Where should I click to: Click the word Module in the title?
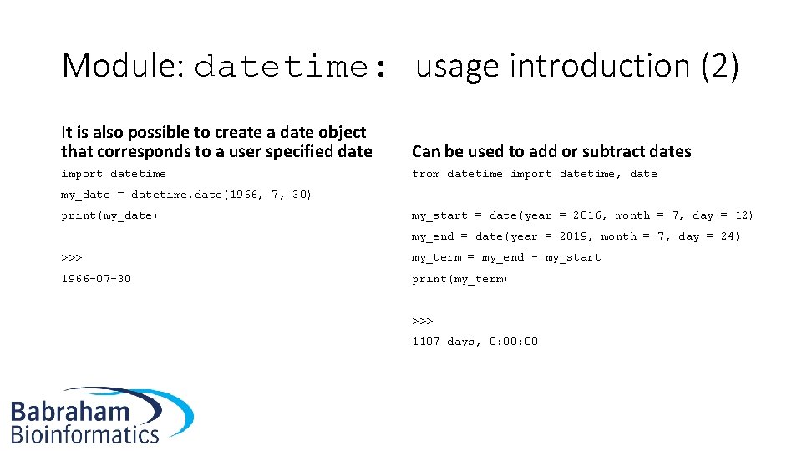(x=121, y=66)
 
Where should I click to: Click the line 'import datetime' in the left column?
(x=114, y=174)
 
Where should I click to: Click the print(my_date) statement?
(x=109, y=215)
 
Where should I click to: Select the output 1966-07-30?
(x=96, y=278)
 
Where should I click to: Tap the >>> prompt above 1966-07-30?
(x=71, y=257)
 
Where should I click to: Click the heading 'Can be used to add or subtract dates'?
(x=551, y=151)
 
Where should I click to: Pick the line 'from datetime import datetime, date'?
(x=535, y=174)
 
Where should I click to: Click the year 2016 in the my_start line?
(x=587, y=215)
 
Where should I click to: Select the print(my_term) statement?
(x=460, y=278)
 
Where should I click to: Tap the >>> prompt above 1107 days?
(x=422, y=320)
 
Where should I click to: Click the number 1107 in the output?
(x=425, y=341)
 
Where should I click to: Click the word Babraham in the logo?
(x=71, y=412)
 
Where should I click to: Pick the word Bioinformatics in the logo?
(x=84, y=434)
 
